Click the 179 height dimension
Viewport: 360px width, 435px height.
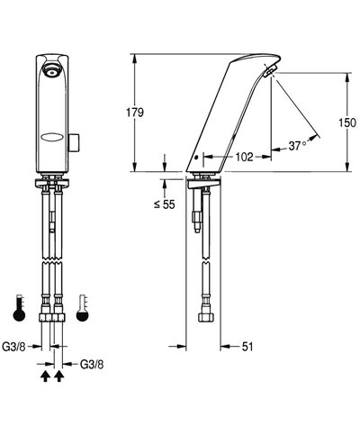pos(135,113)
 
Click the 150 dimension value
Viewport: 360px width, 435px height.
pos(347,122)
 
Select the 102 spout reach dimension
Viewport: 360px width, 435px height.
pos(244,157)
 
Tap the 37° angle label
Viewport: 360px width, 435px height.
pos(298,146)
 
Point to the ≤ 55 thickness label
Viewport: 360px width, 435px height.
pos(165,204)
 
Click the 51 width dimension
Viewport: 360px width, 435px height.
pos(247,347)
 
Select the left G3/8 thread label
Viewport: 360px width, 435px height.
pos(13,347)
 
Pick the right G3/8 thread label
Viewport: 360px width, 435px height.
pos(92,365)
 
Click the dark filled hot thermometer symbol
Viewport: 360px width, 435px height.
pos(19,309)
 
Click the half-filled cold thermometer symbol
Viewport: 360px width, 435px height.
pos(83,309)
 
